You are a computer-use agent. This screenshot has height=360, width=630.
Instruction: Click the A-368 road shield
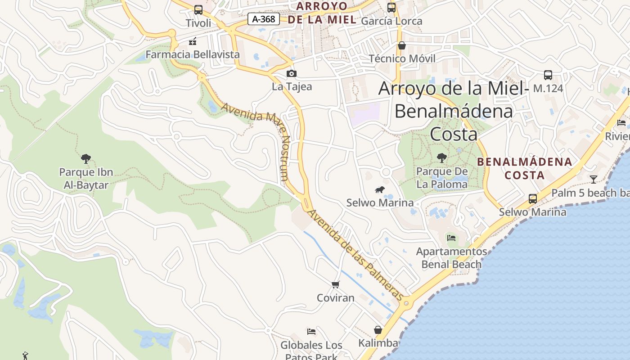click(x=264, y=19)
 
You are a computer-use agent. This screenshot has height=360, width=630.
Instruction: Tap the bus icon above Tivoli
click(x=198, y=10)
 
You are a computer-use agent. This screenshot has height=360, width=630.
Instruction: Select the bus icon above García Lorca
click(x=391, y=8)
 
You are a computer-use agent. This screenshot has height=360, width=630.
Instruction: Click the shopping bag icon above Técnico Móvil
click(x=402, y=46)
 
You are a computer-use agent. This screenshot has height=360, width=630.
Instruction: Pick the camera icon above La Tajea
click(x=292, y=73)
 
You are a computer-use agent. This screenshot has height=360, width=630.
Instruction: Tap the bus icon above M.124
click(x=548, y=75)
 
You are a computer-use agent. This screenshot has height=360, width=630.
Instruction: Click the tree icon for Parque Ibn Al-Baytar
click(x=86, y=158)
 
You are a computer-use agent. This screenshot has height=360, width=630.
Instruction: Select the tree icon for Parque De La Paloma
click(x=442, y=157)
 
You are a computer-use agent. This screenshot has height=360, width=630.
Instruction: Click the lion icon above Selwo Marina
click(x=380, y=190)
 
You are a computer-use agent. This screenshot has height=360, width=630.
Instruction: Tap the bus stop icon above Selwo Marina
click(x=532, y=198)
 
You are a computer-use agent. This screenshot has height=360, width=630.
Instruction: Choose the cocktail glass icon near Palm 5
click(x=594, y=180)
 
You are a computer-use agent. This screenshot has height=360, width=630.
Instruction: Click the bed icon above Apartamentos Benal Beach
click(x=451, y=238)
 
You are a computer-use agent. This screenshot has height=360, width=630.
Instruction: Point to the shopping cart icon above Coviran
click(x=335, y=284)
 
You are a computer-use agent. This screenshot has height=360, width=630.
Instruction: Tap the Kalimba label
click(x=378, y=343)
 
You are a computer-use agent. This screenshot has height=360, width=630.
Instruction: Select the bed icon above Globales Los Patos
click(x=311, y=332)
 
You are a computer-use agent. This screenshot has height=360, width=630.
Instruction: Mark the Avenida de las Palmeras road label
click(x=355, y=255)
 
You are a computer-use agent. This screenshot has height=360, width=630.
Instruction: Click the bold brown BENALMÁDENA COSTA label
click(x=524, y=168)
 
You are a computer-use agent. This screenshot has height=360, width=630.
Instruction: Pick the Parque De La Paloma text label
click(x=441, y=178)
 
